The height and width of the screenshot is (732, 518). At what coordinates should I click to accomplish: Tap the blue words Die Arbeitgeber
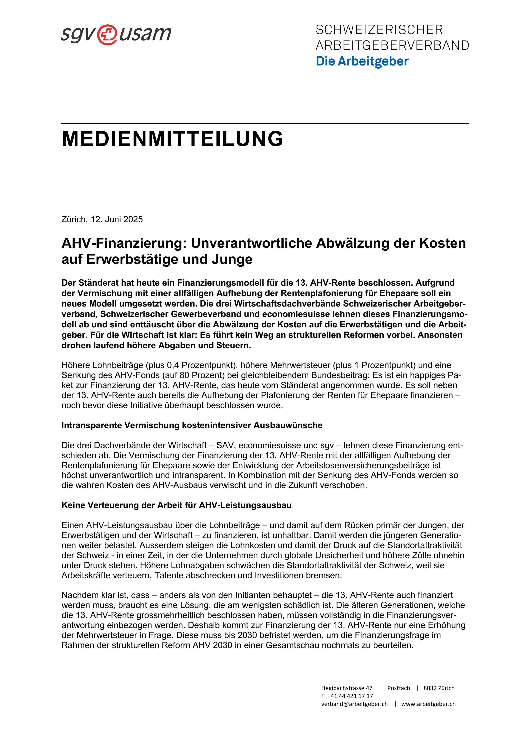(362, 61)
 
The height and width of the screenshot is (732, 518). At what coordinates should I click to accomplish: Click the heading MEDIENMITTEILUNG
(172, 139)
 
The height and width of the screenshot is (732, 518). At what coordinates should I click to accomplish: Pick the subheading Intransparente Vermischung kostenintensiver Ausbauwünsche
(192, 425)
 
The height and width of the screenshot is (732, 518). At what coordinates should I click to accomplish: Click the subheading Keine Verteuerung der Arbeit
(177, 505)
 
